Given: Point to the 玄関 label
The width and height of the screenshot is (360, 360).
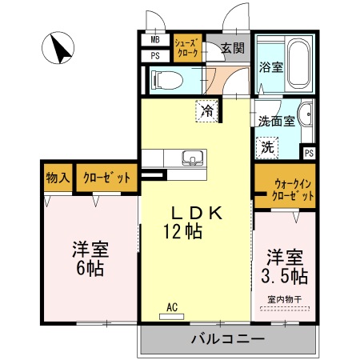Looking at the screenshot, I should pos(234,46).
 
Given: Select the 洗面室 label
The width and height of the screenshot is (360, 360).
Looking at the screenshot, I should pos(277,122).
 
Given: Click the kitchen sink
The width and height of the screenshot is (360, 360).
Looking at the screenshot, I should pos(193,156).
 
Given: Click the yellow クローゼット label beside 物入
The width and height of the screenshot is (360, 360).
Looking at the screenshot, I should pos(106,178).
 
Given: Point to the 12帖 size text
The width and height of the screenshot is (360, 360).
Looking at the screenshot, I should pos(182,232).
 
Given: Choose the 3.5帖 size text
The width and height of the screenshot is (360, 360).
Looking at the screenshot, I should pos(286,277).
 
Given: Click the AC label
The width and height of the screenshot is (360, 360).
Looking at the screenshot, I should pos(171,306).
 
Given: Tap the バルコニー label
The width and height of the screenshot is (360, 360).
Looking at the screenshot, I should pos(227,338).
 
